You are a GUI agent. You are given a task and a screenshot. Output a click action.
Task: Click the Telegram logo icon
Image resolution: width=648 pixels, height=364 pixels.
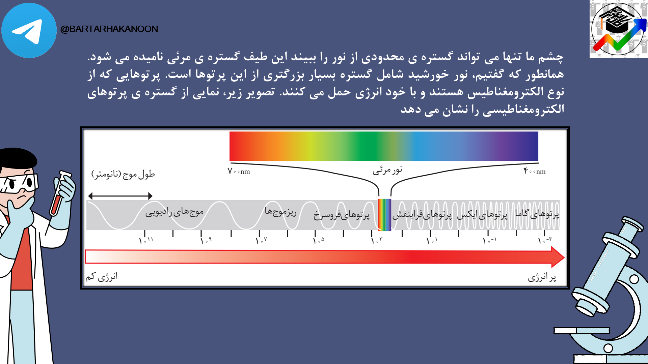tap(29, 30)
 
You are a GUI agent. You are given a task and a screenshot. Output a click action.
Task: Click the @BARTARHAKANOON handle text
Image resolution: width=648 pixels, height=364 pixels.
tap(109, 29)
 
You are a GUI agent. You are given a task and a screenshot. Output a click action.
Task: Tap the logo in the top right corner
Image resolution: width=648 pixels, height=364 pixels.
tap(619, 29)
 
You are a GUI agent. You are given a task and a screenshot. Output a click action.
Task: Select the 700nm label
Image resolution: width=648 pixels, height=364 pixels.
tap(239, 171)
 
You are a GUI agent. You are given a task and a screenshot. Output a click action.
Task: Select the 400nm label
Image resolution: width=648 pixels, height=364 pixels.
tap(535, 171)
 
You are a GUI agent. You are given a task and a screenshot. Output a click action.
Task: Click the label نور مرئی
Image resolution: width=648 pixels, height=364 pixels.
tap(387, 170)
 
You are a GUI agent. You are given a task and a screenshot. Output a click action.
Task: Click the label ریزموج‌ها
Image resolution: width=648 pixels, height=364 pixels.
tap(280, 212)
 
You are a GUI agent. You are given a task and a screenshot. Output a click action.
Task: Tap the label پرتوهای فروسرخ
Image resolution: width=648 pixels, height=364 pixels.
tap(341, 215)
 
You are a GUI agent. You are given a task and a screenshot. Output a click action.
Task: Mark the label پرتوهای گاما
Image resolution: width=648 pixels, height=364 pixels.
tap(537, 214)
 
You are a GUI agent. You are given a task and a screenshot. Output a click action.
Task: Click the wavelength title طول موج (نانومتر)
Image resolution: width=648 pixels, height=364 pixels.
tap(123, 174)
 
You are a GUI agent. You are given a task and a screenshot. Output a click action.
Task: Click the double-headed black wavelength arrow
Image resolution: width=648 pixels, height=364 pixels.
tap(120, 196)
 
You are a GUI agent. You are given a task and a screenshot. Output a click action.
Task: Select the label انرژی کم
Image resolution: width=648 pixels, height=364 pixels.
tap(102, 277)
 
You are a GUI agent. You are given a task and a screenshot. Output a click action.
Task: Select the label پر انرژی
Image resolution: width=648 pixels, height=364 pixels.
tap(542, 277)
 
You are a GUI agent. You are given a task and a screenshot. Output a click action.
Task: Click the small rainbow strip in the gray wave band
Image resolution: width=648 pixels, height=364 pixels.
tap(384, 215)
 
